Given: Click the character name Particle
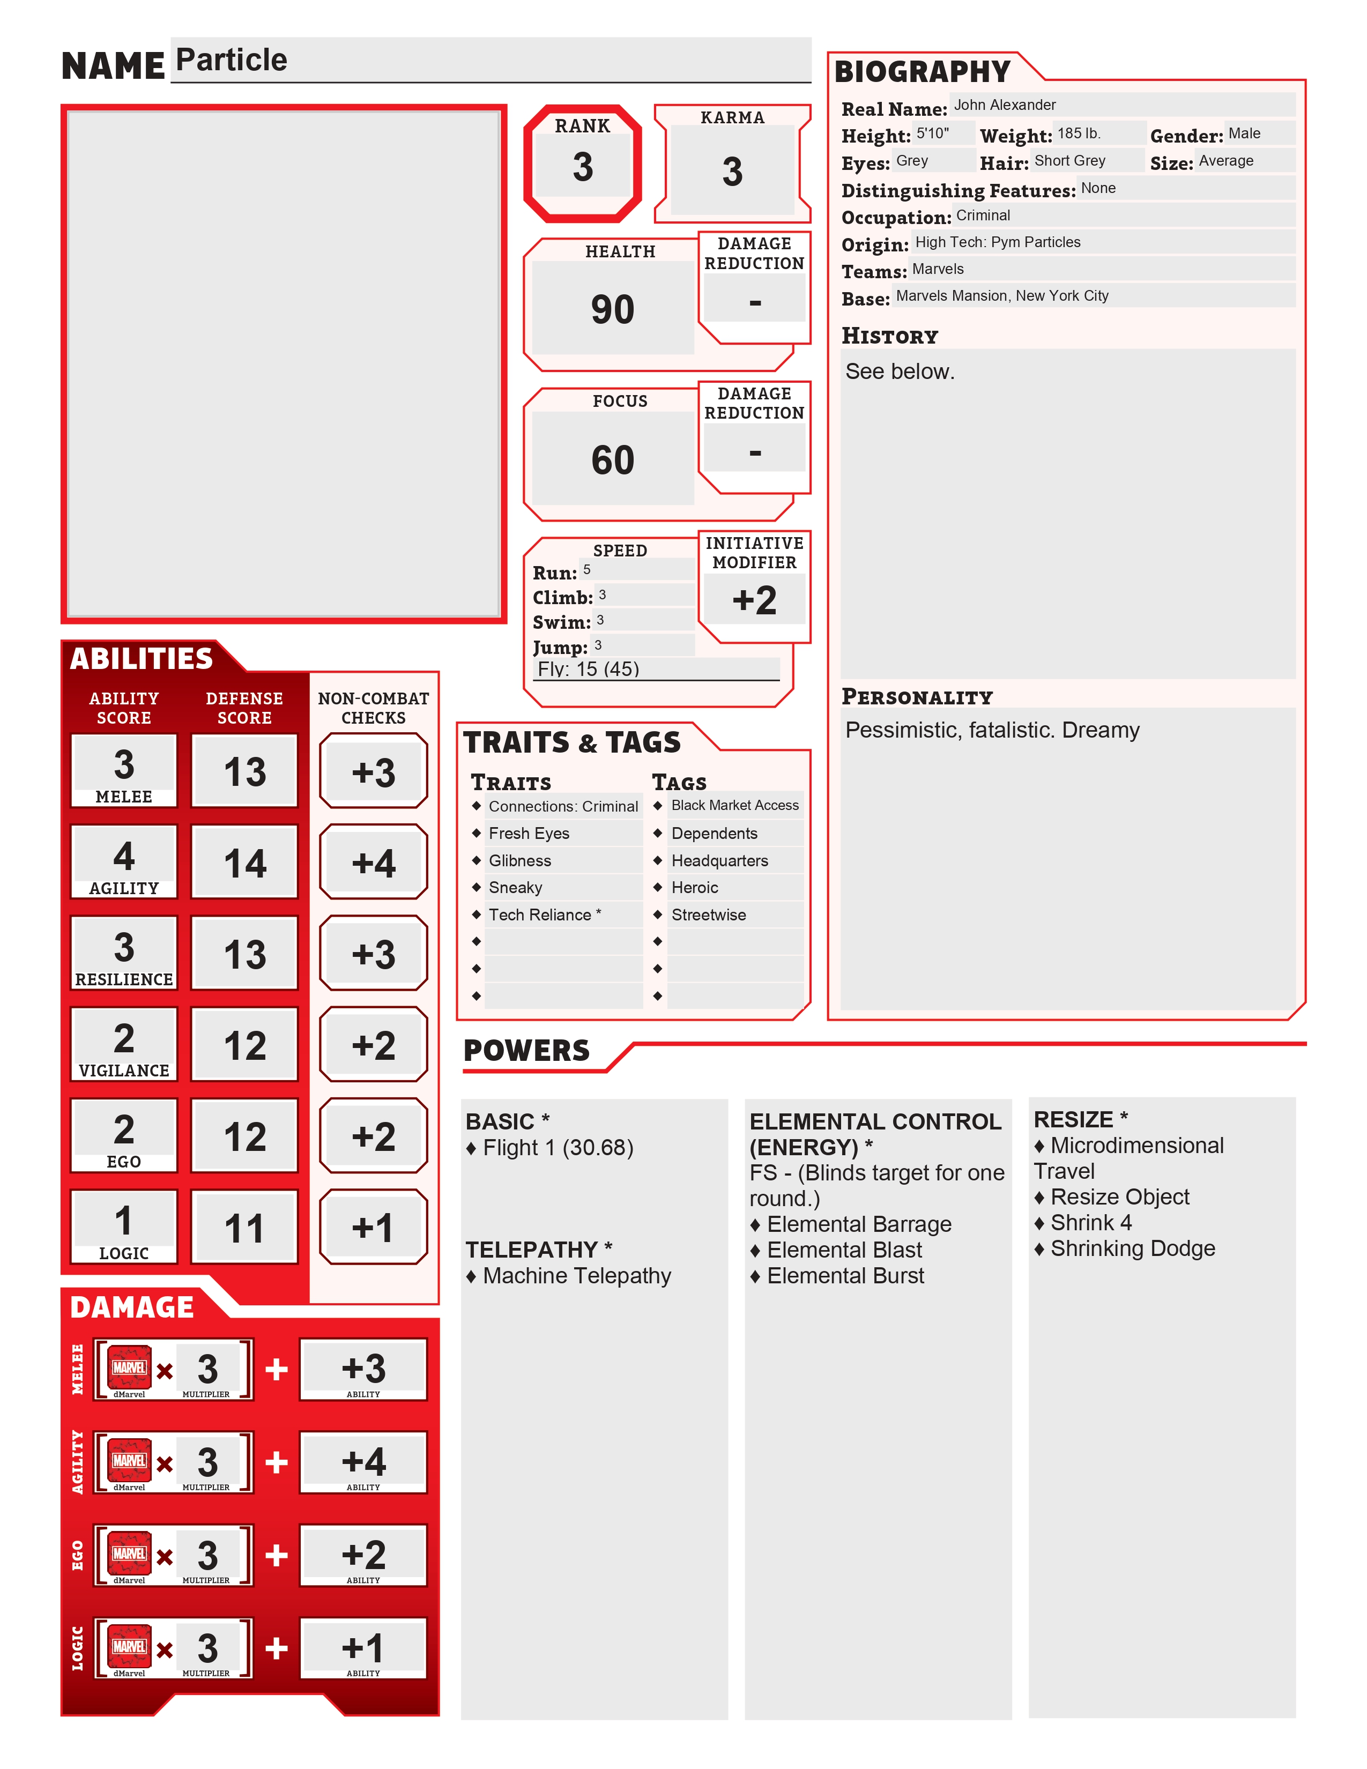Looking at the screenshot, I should click(232, 60).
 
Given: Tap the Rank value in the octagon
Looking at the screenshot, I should click(582, 168).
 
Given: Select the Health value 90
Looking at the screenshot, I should click(612, 309).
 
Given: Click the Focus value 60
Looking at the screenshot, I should click(612, 460).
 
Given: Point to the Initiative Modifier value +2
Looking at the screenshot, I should click(754, 600).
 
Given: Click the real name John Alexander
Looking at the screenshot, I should click(1004, 105).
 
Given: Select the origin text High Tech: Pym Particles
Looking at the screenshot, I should click(997, 242).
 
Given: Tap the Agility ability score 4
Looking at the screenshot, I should click(124, 856).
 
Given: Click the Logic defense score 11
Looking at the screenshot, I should click(244, 1228).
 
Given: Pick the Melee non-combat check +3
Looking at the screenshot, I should click(373, 772).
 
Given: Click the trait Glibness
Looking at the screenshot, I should click(520, 860).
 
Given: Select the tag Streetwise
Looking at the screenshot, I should click(709, 915).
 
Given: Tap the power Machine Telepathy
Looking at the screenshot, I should click(577, 1276).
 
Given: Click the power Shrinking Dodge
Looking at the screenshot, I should click(1132, 1248).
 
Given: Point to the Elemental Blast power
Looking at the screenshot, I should click(844, 1250).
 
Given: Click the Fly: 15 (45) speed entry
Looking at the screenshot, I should click(589, 669).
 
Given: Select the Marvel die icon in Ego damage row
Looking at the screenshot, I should click(130, 1553).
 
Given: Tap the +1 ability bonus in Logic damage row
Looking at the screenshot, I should click(363, 1647).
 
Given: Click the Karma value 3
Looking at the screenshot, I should click(732, 172).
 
